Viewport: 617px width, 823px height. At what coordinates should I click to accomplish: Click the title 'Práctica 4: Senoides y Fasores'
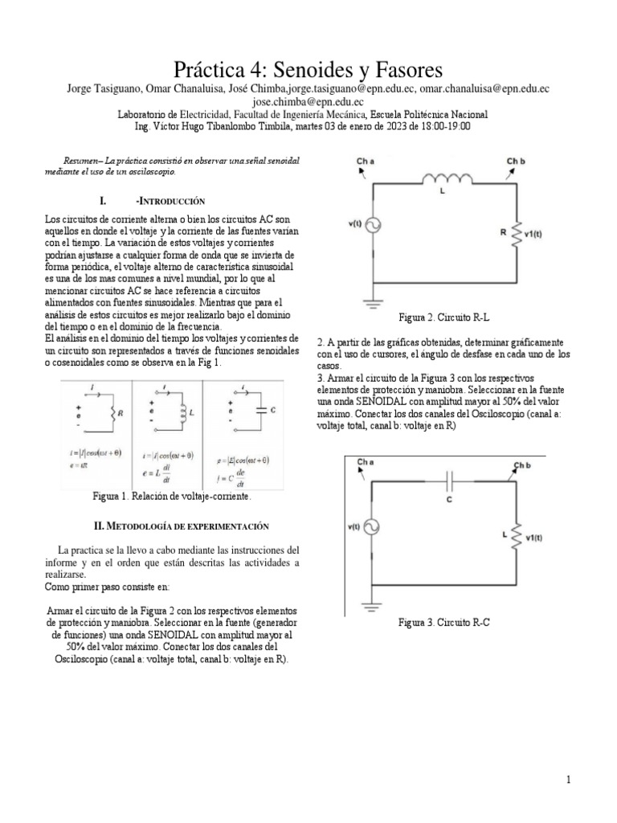tap(308, 67)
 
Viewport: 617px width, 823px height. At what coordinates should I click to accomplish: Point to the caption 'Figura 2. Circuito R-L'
tap(449, 318)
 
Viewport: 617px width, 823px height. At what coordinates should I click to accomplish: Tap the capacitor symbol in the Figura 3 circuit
tap(450, 482)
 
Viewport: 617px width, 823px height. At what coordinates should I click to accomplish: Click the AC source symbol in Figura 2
tap(374, 227)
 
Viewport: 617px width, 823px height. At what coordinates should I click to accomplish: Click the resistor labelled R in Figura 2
tap(517, 232)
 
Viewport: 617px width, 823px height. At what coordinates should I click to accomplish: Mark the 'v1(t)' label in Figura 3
tap(535, 538)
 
